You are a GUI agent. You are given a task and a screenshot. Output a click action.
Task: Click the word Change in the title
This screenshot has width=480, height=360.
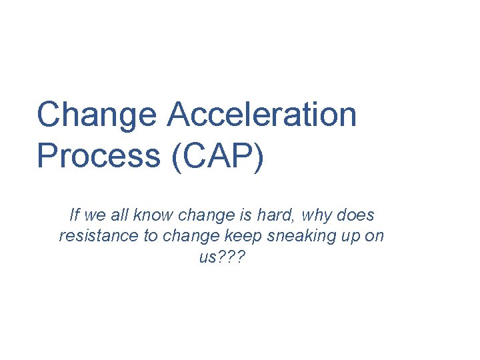pyautogui.click(x=96, y=114)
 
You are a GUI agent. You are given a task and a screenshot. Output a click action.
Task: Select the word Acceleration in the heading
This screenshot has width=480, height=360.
pyautogui.click(x=262, y=114)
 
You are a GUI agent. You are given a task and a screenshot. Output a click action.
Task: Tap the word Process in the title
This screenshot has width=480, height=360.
pyautogui.click(x=97, y=155)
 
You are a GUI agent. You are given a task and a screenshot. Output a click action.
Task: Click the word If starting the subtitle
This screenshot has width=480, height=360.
pyautogui.click(x=74, y=215)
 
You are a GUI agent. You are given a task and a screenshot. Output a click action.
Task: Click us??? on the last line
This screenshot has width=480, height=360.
pyautogui.click(x=222, y=258)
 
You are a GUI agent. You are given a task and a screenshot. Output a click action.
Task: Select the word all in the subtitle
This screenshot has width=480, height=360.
pyautogui.click(x=120, y=215)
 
